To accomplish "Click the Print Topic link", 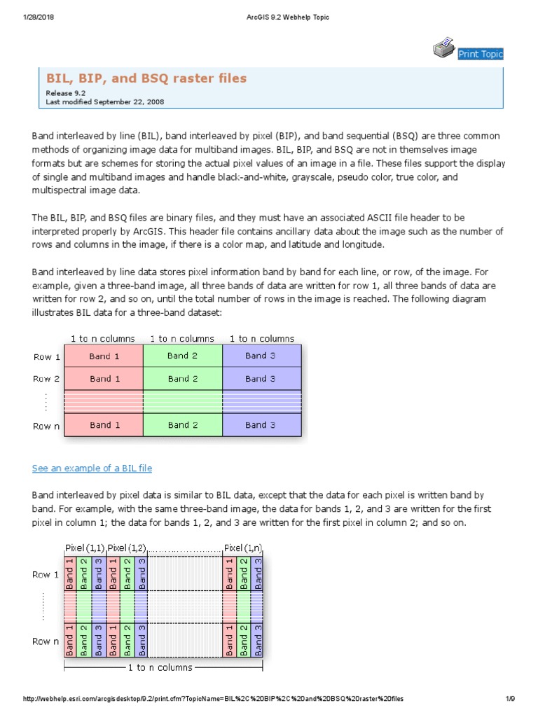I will (x=480, y=54).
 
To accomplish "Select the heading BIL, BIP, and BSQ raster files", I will (x=146, y=78).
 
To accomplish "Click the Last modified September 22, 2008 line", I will (x=105, y=102).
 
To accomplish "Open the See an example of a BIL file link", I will (x=92, y=468).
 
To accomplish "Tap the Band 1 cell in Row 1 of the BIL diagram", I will (x=104, y=356).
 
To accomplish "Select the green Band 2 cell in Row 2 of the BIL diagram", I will (x=182, y=379).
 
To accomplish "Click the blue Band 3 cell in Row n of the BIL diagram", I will (x=261, y=425).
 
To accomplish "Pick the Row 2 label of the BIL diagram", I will (x=47, y=379).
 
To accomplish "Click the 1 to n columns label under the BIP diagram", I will (x=160, y=667).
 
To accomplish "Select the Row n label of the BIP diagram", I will (x=46, y=641).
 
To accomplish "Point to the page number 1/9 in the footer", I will (x=510, y=699).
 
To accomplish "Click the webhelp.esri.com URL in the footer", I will (x=214, y=699).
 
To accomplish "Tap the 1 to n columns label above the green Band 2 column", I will (x=182, y=338).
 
